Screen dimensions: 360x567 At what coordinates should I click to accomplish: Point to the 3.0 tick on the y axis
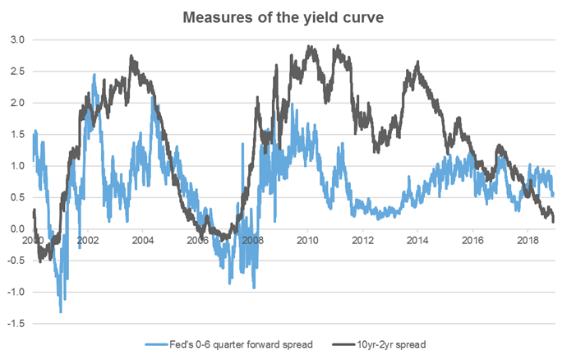pos(16,39)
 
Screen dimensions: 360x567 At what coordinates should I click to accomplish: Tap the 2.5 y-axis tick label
pos(16,71)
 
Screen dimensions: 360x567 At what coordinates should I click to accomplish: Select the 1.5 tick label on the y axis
pos(16,134)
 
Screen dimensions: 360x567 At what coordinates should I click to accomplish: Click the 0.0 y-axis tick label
pos(16,228)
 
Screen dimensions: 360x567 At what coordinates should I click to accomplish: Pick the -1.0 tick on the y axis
pos(15,292)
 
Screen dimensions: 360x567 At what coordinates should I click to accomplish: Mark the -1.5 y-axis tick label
pos(15,323)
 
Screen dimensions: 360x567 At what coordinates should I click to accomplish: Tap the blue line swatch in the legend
pos(160,344)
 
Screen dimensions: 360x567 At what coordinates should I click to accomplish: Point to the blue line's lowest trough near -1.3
pos(60,312)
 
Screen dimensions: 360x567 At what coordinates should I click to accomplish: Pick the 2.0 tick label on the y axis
pos(16,103)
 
